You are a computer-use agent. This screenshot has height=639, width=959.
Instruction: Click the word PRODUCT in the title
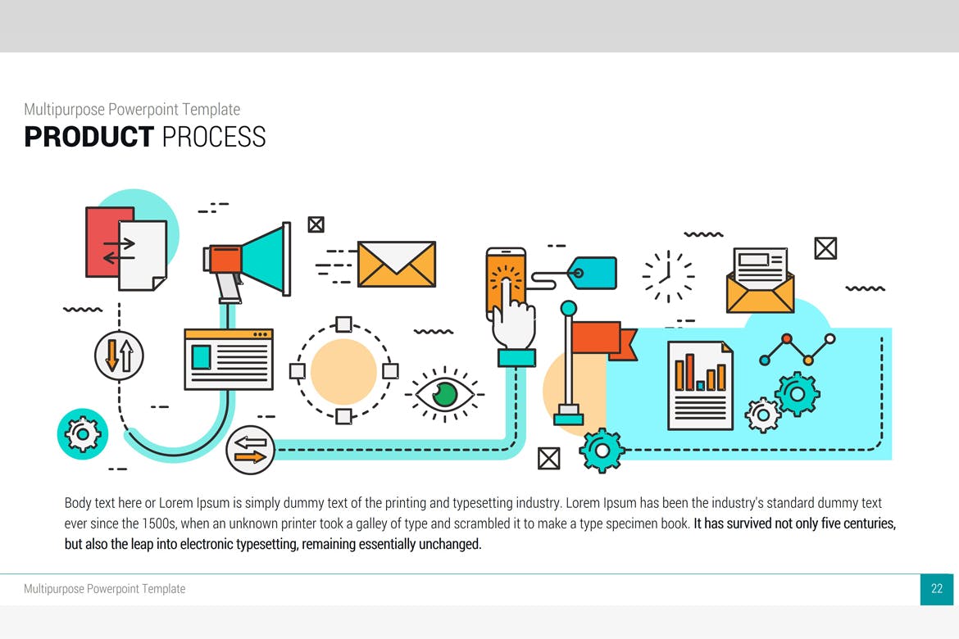[x=89, y=136]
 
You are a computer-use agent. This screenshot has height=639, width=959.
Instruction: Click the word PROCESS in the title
[x=214, y=136]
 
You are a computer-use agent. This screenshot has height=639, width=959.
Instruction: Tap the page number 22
[x=936, y=589]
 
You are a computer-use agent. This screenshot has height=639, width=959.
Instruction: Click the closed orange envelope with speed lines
[x=397, y=264]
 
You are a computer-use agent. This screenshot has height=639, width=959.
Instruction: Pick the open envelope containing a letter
[x=760, y=280]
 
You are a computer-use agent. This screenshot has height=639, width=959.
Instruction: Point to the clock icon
[x=668, y=276]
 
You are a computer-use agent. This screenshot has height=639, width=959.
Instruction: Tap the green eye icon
[x=444, y=394]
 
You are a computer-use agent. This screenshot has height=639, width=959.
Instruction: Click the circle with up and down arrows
[x=120, y=356]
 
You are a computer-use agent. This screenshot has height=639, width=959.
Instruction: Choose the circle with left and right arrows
[x=250, y=450]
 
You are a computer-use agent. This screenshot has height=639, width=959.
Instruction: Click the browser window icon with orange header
[x=229, y=359]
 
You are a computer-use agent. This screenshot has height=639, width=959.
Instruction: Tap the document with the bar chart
[x=700, y=386]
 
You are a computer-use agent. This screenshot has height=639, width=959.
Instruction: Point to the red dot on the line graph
[x=787, y=338]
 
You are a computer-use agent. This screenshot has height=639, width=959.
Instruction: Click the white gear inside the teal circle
[x=83, y=434]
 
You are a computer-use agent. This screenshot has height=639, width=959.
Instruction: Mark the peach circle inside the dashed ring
[x=343, y=371]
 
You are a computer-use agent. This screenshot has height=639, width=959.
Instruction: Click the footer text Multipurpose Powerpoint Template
[x=105, y=589]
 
